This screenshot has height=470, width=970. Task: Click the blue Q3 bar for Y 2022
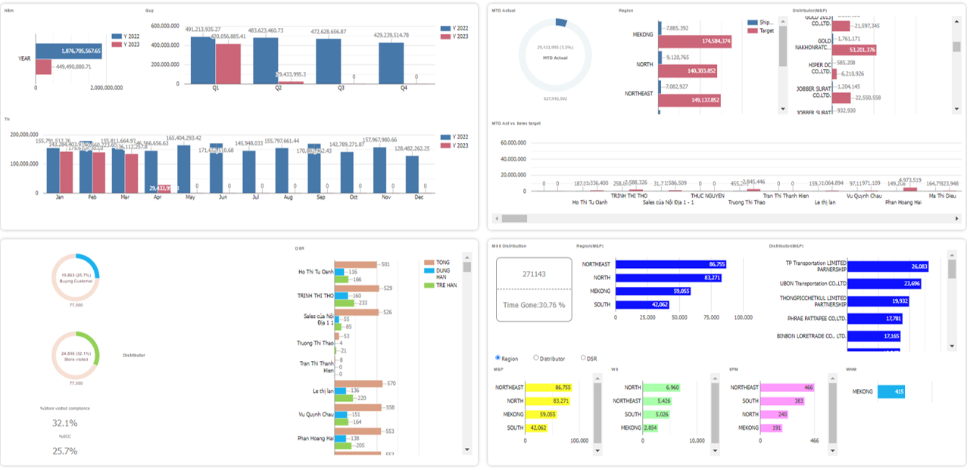click(329, 61)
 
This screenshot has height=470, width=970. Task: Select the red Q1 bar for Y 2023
click(227, 64)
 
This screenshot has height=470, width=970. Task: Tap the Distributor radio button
click(536, 358)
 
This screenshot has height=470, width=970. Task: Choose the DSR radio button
click(583, 358)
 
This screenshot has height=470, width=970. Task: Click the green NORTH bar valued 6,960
click(660, 388)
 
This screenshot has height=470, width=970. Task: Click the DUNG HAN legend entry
click(441, 273)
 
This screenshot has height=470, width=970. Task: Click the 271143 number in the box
click(534, 274)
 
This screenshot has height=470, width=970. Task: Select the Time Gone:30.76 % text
click(534, 305)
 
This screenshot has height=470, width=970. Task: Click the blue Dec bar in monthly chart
click(412, 174)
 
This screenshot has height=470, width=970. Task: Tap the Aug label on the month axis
click(289, 197)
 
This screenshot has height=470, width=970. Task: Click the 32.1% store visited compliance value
click(64, 423)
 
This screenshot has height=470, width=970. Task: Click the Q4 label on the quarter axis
click(404, 88)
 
